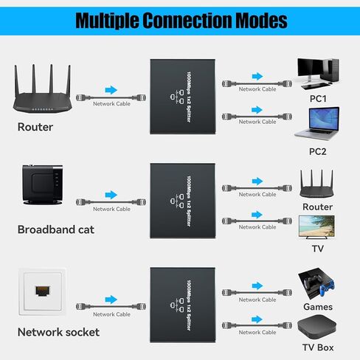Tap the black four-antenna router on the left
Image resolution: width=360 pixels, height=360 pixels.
[x=44, y=93]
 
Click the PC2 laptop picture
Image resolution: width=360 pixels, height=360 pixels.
[x=317, y=123]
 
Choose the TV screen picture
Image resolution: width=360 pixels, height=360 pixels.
[x=317, y=227]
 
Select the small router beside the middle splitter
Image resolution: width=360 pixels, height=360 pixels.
[x=317, y=184]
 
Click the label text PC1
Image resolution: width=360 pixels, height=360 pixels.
[x=318, y=97]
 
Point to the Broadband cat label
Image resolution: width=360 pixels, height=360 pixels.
[x=56, y=229]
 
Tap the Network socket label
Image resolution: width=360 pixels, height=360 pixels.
[x=58, y=332]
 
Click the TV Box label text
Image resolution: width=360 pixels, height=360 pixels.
[x=317, y=347]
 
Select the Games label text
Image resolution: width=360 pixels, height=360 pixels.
[x=317, y=307]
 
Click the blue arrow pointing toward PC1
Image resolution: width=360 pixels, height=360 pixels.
[x=257, y=76]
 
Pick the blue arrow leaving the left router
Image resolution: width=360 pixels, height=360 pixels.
[x=111, y=90]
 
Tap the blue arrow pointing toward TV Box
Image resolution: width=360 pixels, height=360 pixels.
[x=257, y=319]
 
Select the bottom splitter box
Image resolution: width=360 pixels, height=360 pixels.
[x=184, y=302]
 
